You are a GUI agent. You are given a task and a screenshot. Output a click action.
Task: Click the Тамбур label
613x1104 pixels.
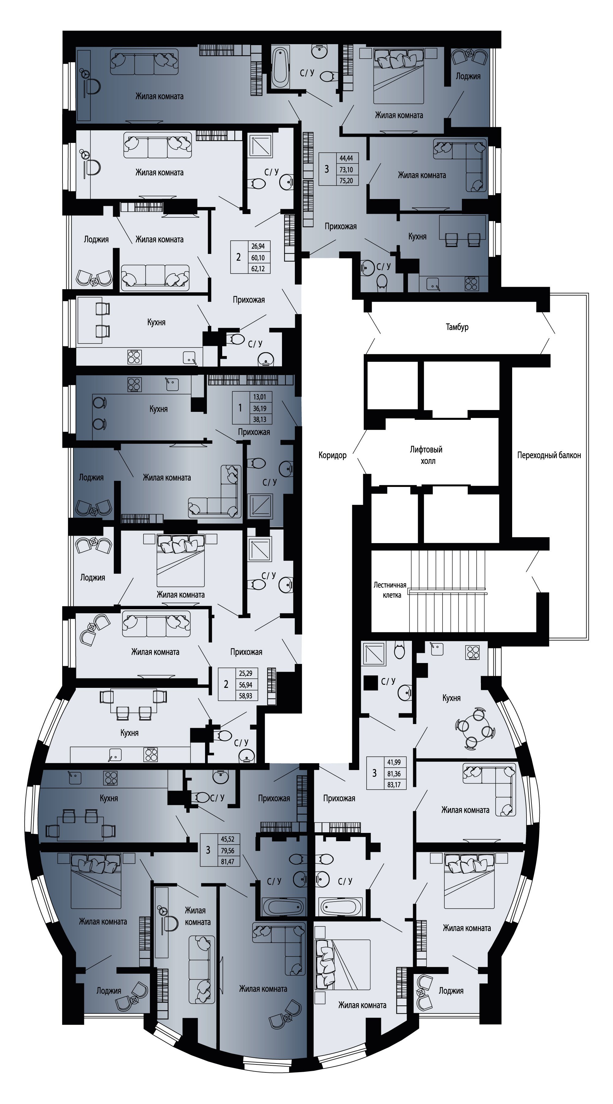(457, 327)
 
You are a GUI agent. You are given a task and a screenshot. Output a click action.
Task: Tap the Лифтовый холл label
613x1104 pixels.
(426, 455)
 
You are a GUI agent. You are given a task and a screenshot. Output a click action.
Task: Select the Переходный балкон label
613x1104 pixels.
(549, 455)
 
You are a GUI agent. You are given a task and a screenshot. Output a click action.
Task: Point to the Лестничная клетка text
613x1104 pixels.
(390, 590)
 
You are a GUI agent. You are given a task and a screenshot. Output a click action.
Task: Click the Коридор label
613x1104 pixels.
(333, 455)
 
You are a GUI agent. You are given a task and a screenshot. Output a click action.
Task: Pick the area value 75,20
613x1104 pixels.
(346, 181)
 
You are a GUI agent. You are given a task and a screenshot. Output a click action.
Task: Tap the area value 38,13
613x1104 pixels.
(260, 420)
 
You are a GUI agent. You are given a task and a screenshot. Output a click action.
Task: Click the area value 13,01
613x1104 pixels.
(260, 397)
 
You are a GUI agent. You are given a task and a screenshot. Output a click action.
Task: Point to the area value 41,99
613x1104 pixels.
(394, 762)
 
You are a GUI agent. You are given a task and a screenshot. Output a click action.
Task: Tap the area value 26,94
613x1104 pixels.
(258, 247)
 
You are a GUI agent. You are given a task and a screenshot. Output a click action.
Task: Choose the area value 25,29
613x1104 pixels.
(246, 673)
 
